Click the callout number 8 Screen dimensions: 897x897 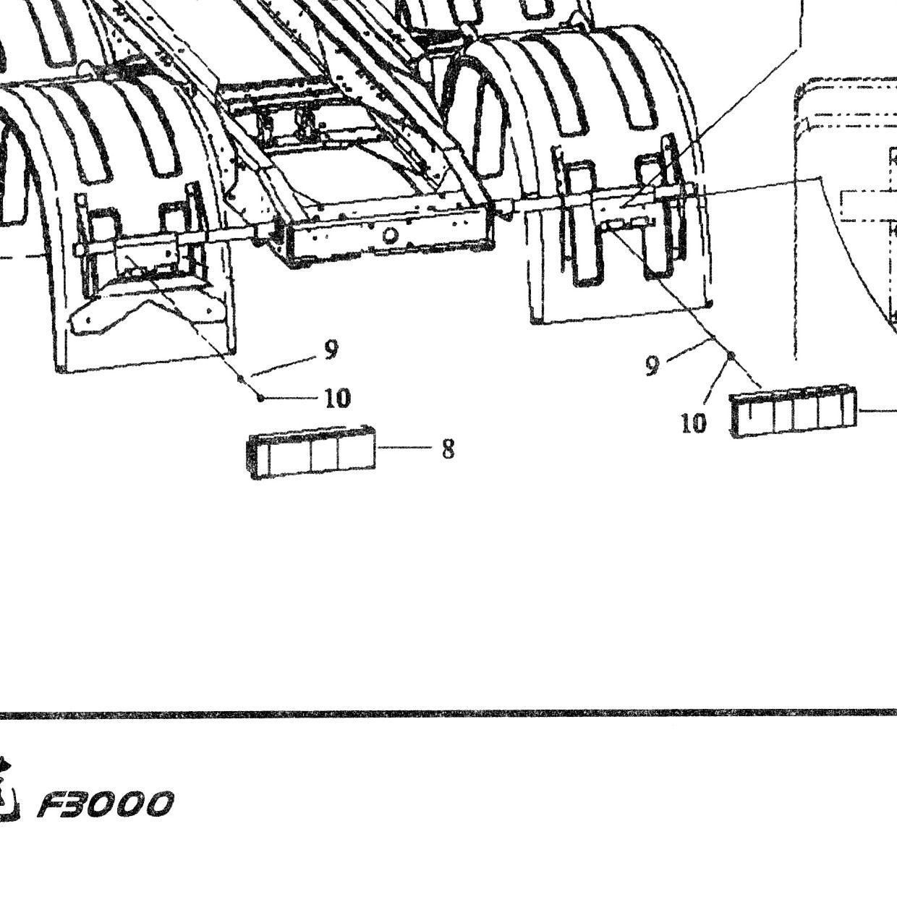[448, 449]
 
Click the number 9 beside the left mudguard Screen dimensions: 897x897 [331, 349]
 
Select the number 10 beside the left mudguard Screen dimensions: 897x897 [338, 399]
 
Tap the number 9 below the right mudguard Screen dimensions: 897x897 [652, 365]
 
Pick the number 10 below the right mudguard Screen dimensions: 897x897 [693, 423]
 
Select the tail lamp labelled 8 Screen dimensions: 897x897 [312, 452]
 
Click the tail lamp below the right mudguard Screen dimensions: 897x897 [794, 412]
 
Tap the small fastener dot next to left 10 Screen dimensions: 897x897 [260, 399]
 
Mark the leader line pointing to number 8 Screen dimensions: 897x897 [405, 447]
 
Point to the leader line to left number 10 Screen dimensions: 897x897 [292, 399]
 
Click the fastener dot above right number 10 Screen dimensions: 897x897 [731, 356]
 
